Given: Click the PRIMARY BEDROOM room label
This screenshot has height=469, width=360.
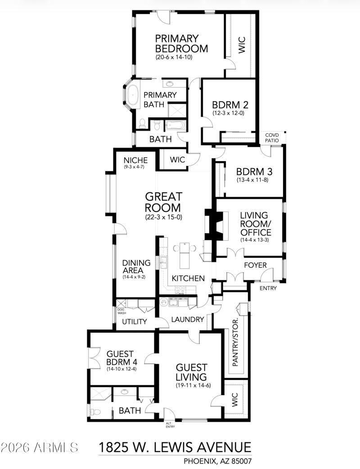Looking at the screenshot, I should pos(181,43).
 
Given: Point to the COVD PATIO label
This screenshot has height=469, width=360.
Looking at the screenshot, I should pos(272,138).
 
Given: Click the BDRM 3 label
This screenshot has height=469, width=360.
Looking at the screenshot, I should pos(254,171).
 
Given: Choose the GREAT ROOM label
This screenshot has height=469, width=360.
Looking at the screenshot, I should pos(163,202).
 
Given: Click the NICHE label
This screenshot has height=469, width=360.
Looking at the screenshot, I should pos(135,160).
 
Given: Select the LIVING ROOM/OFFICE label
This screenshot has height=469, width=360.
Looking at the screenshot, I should pos(255,224).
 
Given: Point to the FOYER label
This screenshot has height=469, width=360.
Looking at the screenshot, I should pos(255,265).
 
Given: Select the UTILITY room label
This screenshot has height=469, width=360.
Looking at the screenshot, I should pos(135,321).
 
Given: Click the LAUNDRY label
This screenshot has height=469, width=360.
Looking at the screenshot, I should pos(188,320).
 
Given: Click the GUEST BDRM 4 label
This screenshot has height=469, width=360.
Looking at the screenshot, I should pos(121,358).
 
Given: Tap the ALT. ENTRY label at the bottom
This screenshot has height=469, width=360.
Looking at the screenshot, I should pos(169,425).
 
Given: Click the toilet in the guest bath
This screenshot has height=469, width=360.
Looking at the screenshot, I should pos(93,410).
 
